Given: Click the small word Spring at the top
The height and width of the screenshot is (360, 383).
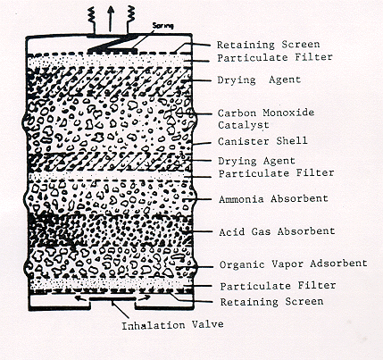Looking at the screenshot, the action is tap(162, 26).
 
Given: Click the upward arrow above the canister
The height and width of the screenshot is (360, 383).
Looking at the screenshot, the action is tap(111, 19).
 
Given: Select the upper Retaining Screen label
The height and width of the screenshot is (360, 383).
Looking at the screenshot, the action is tap(268, 45).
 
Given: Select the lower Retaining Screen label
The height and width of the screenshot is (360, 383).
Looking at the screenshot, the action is tap(271, 302).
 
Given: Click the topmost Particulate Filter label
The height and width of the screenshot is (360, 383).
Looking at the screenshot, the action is tap(275, 57).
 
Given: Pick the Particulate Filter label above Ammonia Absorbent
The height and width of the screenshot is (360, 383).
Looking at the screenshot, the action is tap(276, 173).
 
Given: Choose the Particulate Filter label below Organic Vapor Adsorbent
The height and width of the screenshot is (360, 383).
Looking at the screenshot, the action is tap(278, 286).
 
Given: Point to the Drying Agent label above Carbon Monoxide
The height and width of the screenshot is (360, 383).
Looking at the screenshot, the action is tap(259, 80).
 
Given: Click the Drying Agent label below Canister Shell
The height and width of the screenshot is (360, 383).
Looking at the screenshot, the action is tap(256, 161).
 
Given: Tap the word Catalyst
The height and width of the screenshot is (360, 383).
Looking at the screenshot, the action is tap(244, 125).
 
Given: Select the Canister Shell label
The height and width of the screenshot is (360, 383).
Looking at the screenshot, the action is tap(262, 141).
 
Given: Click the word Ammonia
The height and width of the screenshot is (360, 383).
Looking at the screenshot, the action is tap(241, 199).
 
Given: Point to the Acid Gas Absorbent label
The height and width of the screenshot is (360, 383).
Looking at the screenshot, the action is tap(277, 231).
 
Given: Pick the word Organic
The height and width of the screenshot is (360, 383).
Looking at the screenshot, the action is tap(242, 264).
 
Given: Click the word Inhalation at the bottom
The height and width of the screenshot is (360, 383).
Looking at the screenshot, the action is tap(154, 325).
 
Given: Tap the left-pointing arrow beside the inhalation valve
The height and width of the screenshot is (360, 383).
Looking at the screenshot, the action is tap(82, 297).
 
